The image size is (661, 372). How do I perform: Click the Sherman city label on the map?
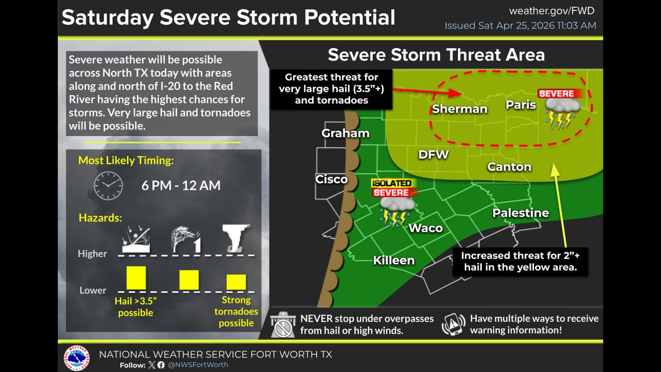pyautogui.click(x=459, y=109)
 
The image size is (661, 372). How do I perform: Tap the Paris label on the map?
pyautogui.click(x=521, y=104)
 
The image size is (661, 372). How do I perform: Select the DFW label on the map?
pyautogui.click(x=433, y=154)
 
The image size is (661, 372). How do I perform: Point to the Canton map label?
pyautogui.click(x=509, y=167)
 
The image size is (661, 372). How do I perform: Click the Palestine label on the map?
pyautogui.click(x=520, y=213)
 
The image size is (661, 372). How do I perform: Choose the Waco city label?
pyautogui.click(x=426, y=227)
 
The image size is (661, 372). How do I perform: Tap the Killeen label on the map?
pyautogui.click(x=394, y=260)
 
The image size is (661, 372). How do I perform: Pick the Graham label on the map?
pyautogui.click(x=345, y=133)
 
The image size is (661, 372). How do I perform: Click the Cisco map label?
pyautogui.click(x=331, y=179)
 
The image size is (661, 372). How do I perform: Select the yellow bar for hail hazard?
pyautogui.click(x=136, y=277)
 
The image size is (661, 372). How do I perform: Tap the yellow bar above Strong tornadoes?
pyautogui.click(x=236, y=281)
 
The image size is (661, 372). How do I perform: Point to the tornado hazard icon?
pyautogui.click(x=236, y=238)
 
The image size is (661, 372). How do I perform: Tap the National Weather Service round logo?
pyautogui.click(x=77, y=357)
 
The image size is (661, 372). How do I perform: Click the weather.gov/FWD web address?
pyautogui.click(x=551, y=11)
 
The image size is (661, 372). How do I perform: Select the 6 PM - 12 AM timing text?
pyautogui.click(x=181, y=186)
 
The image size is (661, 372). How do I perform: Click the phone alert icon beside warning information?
pyautogui.click(x=453, y=325)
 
